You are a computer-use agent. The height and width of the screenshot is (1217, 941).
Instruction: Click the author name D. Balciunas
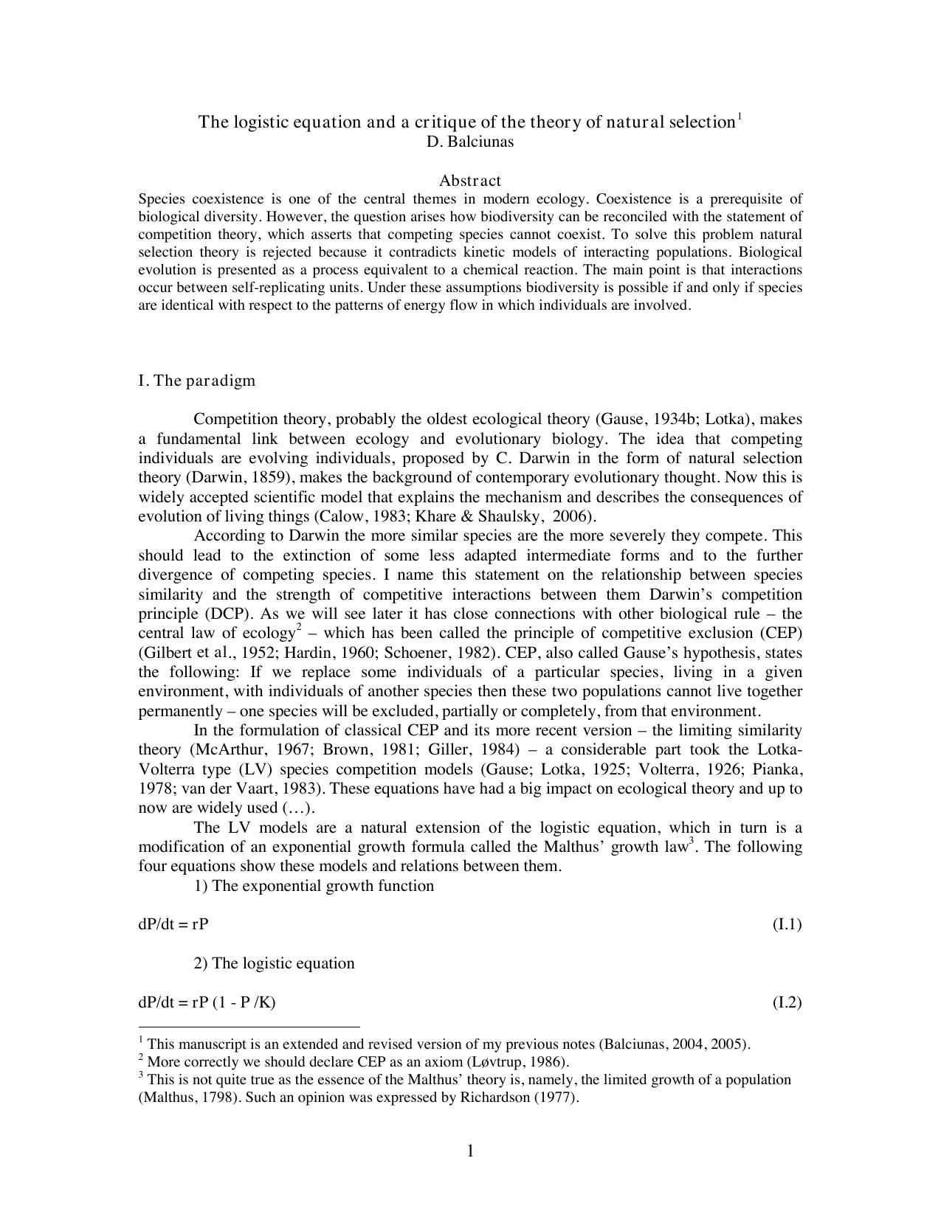click(x=470, y=142)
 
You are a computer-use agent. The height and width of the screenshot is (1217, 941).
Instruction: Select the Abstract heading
click(x=470, y=181)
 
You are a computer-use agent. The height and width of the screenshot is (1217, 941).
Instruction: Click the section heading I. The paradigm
click(x=197, y=381)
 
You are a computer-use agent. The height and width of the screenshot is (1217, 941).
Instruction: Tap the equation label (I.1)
click(x=787, y=924)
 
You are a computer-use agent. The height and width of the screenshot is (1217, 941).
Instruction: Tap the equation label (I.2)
click(x=787, y=1002)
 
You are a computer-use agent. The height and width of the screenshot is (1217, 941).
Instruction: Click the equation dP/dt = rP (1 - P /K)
click(x=207, y=1002)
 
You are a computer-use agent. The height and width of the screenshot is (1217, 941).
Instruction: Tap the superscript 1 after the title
click(x=740, y=116)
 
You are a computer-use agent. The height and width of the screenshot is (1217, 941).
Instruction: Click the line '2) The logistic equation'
click(x=274, y=963)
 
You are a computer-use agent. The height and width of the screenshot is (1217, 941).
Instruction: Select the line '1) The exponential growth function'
click(x=314, y=885)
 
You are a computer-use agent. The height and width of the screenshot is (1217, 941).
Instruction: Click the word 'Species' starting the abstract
click(x=161, y=199)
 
